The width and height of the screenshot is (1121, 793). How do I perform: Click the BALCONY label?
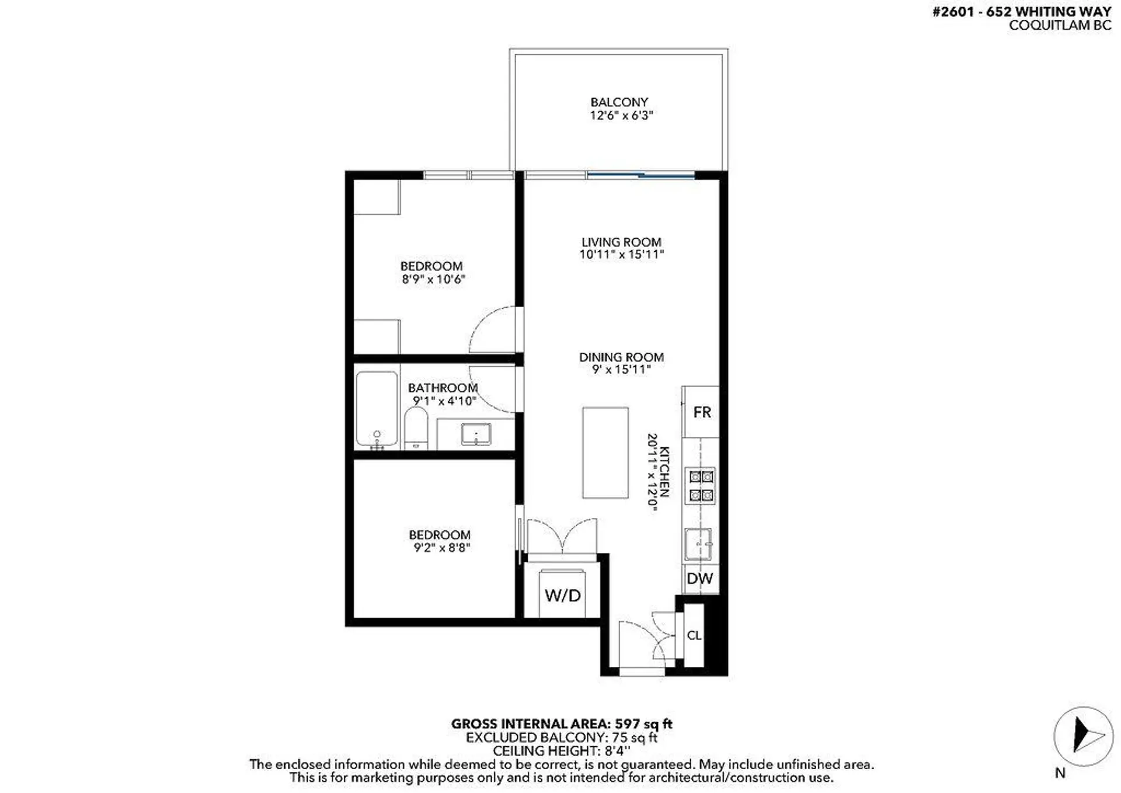click(619, 102)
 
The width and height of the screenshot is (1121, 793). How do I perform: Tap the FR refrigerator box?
click(701, 412)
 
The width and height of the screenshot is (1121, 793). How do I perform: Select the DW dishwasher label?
click(699, 579)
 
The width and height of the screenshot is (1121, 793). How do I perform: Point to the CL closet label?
click(694, 635)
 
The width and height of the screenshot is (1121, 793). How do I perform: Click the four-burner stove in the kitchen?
click(701, 486)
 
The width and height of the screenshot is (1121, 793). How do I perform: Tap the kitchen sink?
click(698, 544)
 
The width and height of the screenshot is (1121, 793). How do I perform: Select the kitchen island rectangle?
click(605, 453)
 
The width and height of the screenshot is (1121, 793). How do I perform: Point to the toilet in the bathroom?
click(416, 427)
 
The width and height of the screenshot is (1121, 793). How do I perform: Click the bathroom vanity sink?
click(476, 434)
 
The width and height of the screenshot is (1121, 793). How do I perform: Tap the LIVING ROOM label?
click(621, 242)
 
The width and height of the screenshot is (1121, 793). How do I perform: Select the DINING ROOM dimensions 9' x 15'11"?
click(621, 370)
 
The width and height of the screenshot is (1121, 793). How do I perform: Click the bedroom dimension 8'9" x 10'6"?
click(433, 279)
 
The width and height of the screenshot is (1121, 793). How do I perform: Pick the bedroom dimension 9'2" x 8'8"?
click(441, 548)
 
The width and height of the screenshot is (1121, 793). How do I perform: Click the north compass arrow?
click(1084, 736)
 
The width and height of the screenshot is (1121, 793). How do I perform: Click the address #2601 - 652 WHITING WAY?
click(1021, 12)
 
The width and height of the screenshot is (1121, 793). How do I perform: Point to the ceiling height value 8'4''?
click(617, 751)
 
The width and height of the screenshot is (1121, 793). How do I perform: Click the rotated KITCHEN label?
click(664, 472)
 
